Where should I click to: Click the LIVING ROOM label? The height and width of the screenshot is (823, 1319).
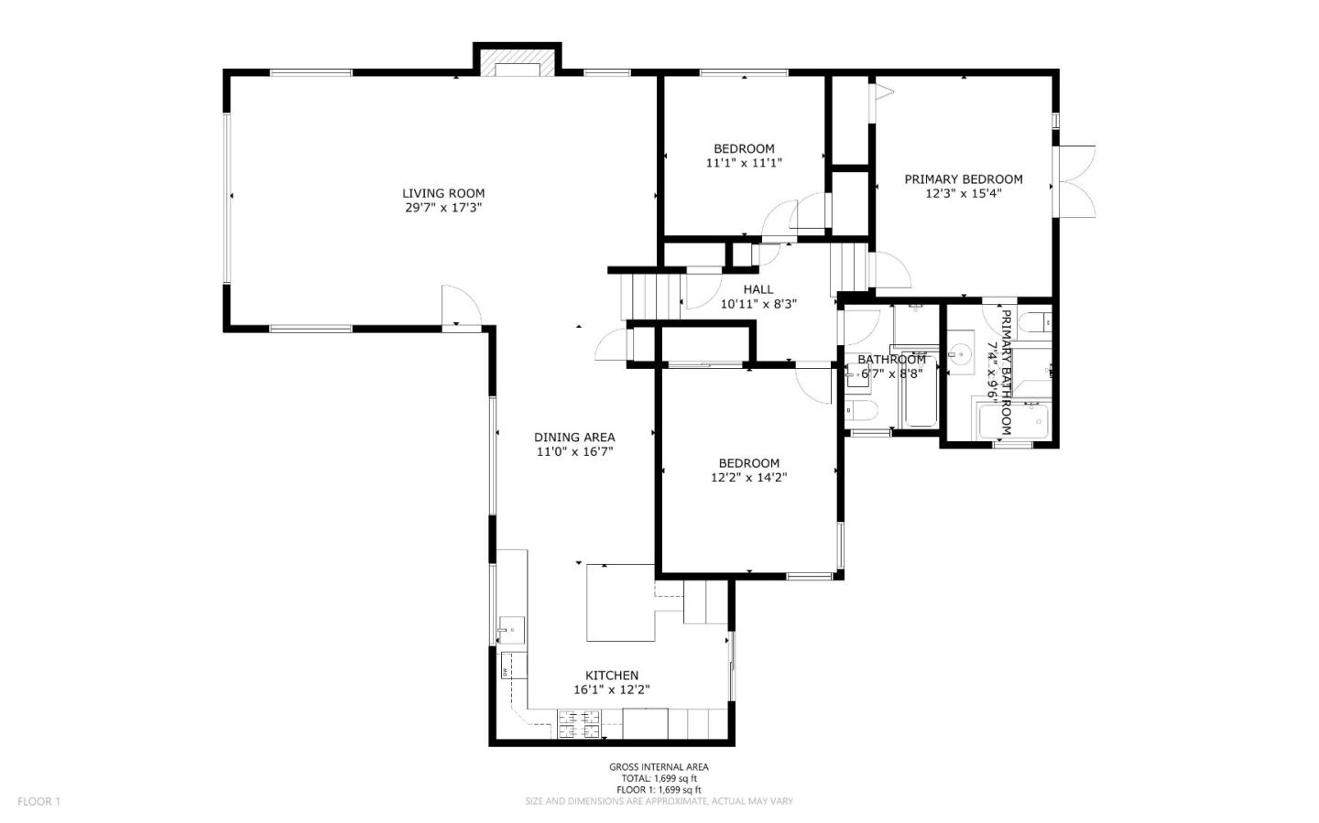[443, 193]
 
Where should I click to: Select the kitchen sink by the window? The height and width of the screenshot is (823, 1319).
[511, 630]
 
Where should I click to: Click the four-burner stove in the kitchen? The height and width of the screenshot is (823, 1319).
[581, 724]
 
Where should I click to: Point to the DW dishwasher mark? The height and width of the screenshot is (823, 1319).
[505, 672]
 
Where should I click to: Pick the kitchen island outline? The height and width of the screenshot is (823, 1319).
[620, 602]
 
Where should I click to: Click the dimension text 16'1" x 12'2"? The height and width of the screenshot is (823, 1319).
[611, 690]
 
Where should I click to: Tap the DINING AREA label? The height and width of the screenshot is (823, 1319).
[574, 438]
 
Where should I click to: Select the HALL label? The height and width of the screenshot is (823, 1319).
[758, 289]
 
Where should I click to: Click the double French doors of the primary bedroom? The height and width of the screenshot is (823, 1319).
[1075, 180]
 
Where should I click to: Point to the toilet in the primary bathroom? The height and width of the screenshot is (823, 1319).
[1039, 322]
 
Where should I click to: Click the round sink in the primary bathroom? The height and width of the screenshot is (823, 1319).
[960, 352]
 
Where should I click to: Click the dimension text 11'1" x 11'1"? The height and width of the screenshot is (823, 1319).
[744, 163]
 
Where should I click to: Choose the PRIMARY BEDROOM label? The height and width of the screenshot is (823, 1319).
[964, 179]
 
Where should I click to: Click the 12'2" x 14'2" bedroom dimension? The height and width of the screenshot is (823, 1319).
[749, 477]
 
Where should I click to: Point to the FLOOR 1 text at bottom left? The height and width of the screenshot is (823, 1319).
[38, 802]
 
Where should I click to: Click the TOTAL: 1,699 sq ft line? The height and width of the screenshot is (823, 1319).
[659, 778]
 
